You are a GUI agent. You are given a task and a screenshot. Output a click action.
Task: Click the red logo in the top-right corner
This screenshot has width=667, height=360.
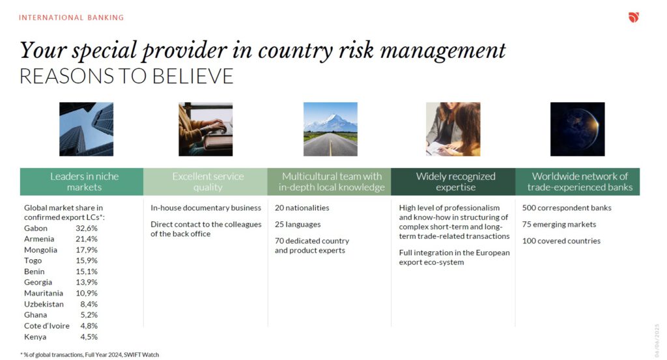click(x=634, y=17)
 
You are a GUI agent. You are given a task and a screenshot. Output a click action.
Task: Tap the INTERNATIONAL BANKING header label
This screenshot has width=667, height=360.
click(x=72, y=18)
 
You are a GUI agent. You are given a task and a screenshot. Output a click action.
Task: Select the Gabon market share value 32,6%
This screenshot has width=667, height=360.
click(x=87, y=228)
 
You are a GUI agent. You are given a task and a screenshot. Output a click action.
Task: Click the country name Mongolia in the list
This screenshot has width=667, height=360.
click(x=40, y=250)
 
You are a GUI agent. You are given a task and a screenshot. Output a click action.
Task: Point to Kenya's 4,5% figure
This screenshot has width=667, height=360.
click(x=89, y=337)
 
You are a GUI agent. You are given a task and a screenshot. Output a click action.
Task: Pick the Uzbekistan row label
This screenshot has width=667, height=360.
click(x=44, y=304)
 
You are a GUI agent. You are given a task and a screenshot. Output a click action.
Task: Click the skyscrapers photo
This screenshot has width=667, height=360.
click(x=87, y=129)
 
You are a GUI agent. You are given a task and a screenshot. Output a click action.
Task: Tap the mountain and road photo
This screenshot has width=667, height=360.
click(x=330, y=129)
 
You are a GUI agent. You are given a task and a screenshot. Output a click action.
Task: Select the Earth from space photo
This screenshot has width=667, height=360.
click(x=577, y=129)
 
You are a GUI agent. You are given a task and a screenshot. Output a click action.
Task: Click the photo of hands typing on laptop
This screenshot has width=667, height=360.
click(x=205, y=129)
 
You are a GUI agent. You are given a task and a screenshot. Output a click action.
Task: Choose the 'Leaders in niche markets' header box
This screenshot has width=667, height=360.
click(x=81, y=182)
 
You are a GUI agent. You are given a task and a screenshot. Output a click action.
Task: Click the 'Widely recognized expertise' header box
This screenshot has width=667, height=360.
click(x=453, y=182)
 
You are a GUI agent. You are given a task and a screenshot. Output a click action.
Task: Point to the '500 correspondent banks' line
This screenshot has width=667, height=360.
click(x=567, y=208)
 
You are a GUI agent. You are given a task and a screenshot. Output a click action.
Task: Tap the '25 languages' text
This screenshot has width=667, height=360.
click(x=298, y=225)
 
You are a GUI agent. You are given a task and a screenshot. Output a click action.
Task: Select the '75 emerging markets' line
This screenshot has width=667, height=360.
click(x=559, y=225)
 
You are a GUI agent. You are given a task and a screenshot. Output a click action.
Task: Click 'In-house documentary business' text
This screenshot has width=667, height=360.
click(x=206, y=208)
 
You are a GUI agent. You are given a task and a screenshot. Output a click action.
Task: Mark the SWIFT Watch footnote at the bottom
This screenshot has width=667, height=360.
click(x=90, y=355)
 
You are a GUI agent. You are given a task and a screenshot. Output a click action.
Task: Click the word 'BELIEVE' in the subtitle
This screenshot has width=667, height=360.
click(x=192, y=77)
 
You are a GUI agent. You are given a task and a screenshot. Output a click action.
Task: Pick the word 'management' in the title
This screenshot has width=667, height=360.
click(x=443, y=51)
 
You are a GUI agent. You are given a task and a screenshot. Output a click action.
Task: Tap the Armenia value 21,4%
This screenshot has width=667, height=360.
click(x=87, y=239)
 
